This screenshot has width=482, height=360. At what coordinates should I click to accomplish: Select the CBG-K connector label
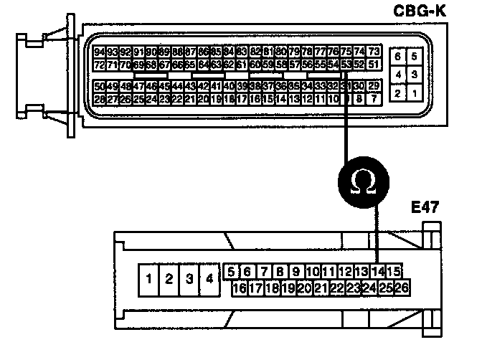point(435,11)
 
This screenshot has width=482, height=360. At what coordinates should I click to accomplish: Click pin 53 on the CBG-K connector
point(346,65)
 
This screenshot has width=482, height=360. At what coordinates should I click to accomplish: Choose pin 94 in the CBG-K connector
point(100,52)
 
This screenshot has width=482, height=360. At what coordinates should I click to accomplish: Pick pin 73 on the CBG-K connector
point(374,52)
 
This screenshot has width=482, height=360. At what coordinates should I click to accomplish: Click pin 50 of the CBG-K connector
point(100,86)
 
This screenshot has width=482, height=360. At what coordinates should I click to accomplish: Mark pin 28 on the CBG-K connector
point(100,99)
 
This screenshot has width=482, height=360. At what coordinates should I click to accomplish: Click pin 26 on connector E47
point(402,288)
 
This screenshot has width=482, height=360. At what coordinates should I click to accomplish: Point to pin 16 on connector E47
point(240,288)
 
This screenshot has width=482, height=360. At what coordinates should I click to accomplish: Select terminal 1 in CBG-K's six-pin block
point(413,93)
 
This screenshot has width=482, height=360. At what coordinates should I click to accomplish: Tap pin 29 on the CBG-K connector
point(374,86)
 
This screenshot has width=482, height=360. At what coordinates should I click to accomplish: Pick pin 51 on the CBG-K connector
point(374,65)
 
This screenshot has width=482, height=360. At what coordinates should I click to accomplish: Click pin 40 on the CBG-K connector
point(230,86)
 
